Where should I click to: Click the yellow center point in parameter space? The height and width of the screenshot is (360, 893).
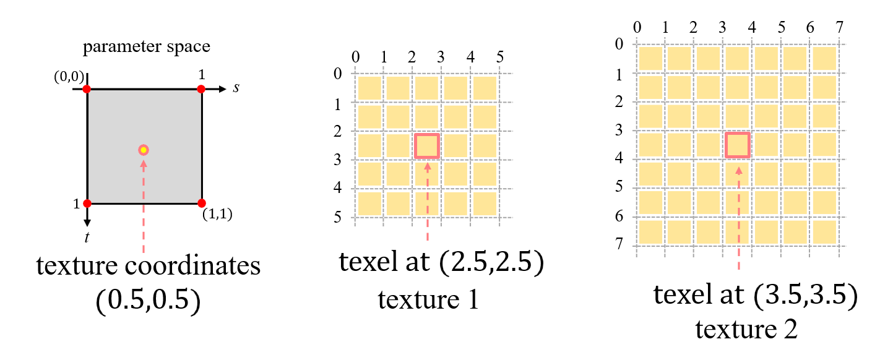pyautogui.click(x=144, y=150)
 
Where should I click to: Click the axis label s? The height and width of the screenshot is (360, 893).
pyautogui.click(x=236, y=88)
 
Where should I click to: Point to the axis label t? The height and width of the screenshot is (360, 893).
pyautogui.click(x=87, y=236)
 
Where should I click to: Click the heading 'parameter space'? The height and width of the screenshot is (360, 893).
pyautogui.click(x=147, y=47)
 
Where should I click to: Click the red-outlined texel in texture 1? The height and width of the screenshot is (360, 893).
pyautogui.click(x=427, y=147)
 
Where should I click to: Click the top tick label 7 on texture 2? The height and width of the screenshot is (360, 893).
pyautogui.click(x=839, y=28)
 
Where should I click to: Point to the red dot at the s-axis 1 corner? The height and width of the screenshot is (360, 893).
pyautogui.click(x=201, y=89)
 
